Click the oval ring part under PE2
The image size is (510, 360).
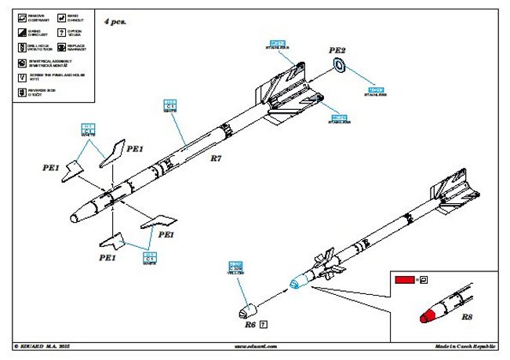point(338,65)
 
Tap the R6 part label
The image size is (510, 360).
point(250,323)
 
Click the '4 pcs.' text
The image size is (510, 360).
point(115,22)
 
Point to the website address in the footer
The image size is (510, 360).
point(253,345)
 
